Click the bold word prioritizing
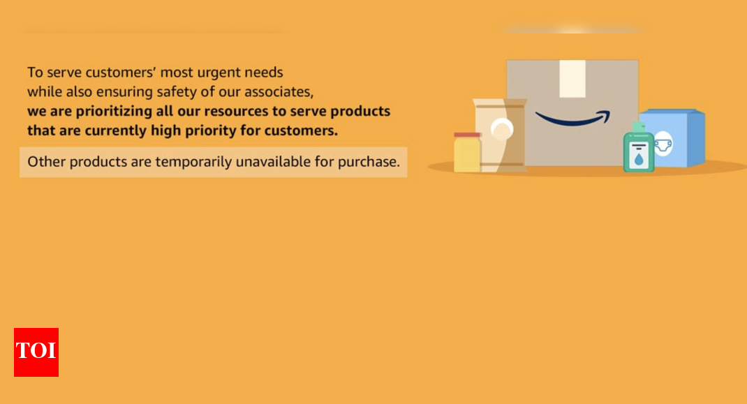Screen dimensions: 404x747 113,111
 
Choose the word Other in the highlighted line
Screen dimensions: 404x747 46,162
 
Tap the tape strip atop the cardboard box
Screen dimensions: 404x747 572,78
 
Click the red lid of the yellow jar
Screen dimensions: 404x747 467,135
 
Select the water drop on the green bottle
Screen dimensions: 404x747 638,158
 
